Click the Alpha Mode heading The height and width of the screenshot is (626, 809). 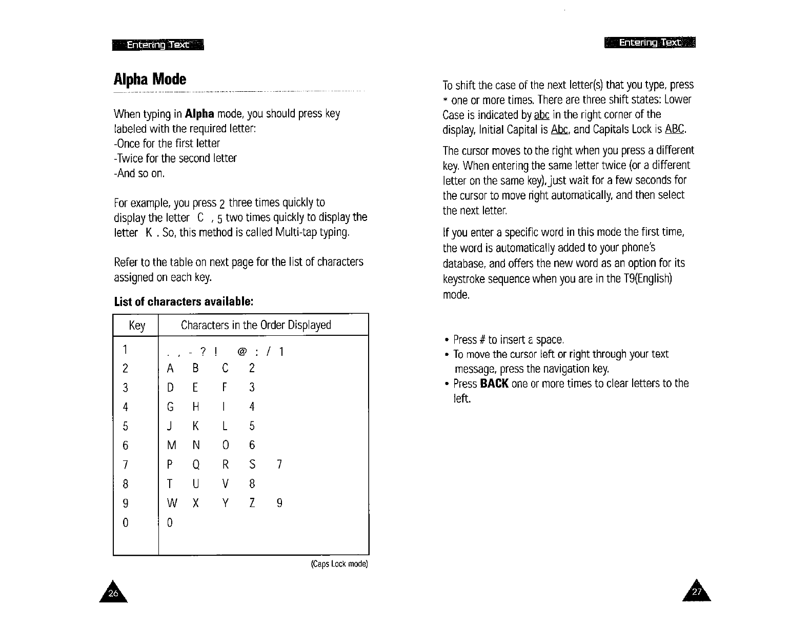[x=150, y=79]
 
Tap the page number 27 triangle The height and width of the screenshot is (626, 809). [x=696, y=593]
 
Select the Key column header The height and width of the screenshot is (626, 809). [x=136, y=326]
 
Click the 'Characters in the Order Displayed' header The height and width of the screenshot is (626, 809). [x=256, y=325]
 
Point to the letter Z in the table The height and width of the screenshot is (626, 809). [x=252, y=503]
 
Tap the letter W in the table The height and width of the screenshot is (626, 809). [x=172, y=503]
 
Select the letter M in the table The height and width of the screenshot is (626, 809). [x=172, y=446]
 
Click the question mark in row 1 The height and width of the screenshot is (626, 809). [x=203, y=352]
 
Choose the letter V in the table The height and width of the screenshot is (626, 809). [x=225, y=484]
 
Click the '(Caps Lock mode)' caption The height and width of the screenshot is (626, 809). [x=339, y=564]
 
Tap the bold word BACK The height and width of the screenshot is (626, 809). [x=494, y=384]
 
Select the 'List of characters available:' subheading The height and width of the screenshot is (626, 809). [x=184, y=301]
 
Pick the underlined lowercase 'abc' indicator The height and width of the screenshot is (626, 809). [x=541, y=114]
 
